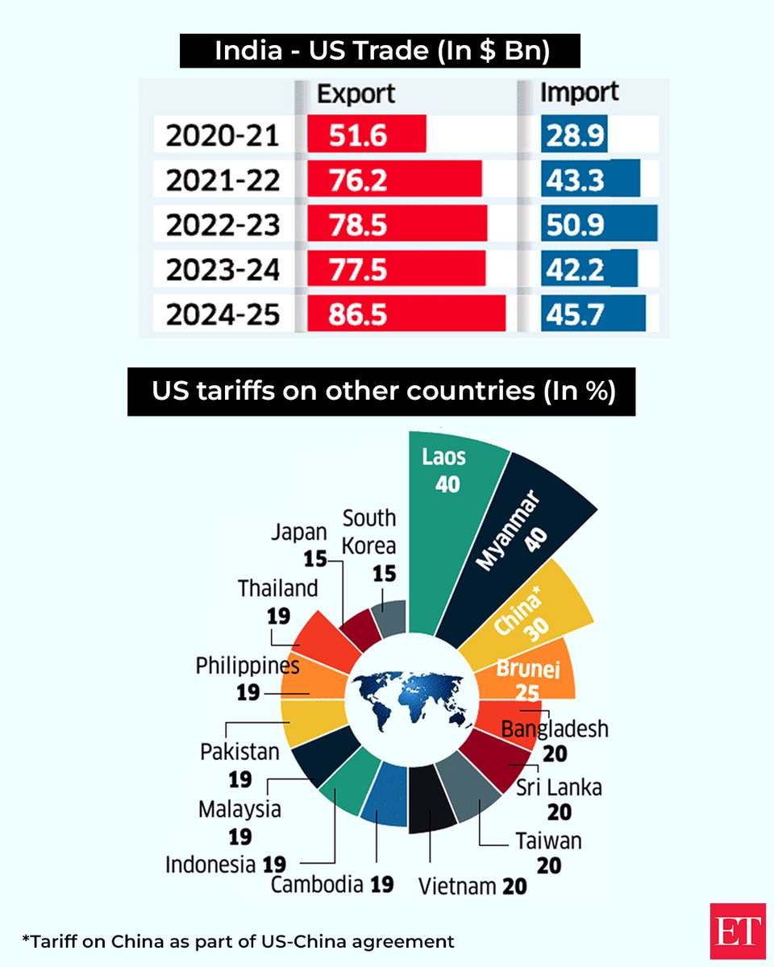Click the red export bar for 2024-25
click(406, 313)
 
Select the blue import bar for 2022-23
click(599, 224)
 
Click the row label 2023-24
click(223, 269)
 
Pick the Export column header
click(355, 94)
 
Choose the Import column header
click(578, 93)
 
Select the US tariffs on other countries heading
click(381, 392)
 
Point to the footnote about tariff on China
click(238, 940)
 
